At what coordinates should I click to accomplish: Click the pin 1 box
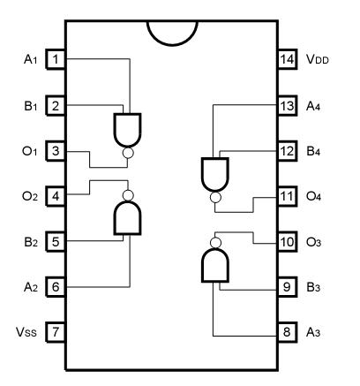coord(56,60)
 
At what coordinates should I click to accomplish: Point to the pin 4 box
coord(56,197)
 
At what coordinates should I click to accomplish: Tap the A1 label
coord(26,60)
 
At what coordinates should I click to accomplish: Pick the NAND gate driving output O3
coord(214,262)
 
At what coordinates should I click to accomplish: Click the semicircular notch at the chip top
coord(172,26)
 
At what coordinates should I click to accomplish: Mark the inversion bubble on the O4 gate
coord(214,199)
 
